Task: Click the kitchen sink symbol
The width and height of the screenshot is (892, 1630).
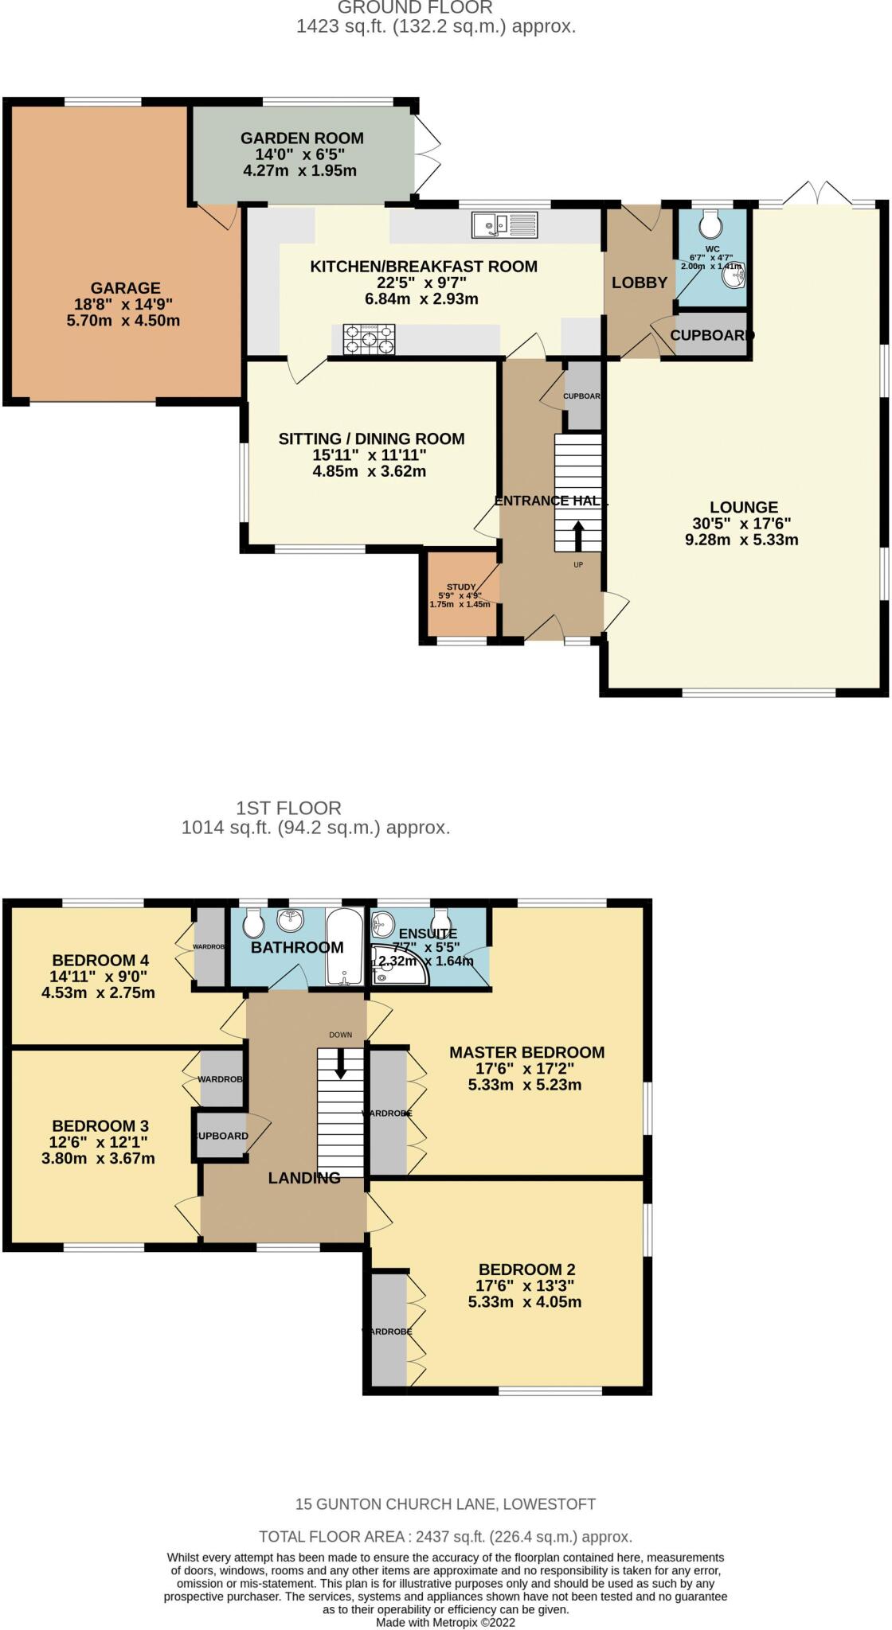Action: click(x=504, y=225)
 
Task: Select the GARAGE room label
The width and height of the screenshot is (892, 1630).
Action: click(x=125, y=288)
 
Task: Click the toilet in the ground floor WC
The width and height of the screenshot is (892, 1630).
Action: click(x=710, y=225)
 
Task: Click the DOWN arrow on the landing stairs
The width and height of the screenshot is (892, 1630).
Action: click(x=341, y=1063)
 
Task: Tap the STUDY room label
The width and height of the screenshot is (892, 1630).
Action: click(x=461, y=587)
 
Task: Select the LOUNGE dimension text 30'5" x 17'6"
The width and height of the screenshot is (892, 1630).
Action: click(x=742, y=524)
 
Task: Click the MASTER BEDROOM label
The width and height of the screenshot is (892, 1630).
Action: click(x=526, y=1052)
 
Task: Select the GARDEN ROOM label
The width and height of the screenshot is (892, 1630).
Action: click(x=302, y=138)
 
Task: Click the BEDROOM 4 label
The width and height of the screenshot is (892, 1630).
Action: click(x=100, y=960)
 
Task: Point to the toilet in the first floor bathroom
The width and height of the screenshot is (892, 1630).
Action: click(x=253, y=924)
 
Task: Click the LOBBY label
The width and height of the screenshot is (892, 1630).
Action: click(x=639, y=283)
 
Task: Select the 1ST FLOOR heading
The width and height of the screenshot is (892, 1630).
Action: click(x=288, y=808)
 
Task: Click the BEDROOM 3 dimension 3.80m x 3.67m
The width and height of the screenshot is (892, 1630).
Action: click(x=98, y=1158)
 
